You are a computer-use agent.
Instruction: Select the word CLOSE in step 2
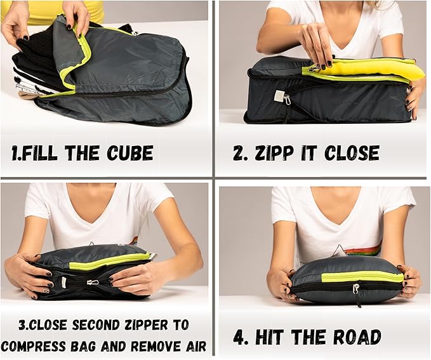coord(352,153)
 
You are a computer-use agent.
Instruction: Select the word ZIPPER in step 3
coord(161,325)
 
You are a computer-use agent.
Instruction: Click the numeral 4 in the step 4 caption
coord(239,337)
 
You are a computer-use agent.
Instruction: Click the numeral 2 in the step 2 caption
coord(238,153)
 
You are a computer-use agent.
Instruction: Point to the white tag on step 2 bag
coord(279,95)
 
